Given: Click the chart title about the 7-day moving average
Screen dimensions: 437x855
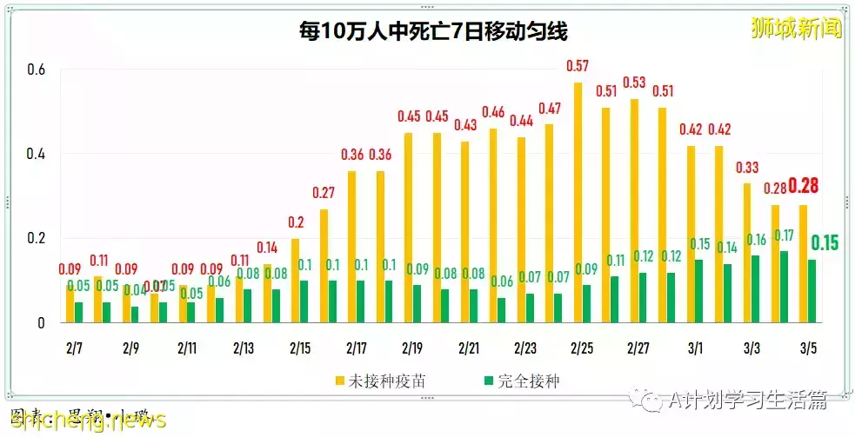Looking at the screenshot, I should pos(432,33).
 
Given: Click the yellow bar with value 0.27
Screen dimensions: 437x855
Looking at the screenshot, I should pos(324,265).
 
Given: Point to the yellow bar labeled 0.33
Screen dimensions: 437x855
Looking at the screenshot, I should pos(746,253).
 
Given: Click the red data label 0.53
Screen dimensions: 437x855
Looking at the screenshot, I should pos(634,83).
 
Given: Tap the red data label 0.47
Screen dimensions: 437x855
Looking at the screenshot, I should pos(549,109).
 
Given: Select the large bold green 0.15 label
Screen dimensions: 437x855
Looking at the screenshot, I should pos(825,242).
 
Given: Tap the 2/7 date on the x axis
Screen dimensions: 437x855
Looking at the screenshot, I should pos(74,348).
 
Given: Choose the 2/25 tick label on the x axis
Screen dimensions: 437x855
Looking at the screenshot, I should pos(582,348).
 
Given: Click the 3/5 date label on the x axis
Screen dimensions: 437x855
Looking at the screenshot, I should pos(808,348).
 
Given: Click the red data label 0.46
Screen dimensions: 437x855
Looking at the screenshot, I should pos(493,112).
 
